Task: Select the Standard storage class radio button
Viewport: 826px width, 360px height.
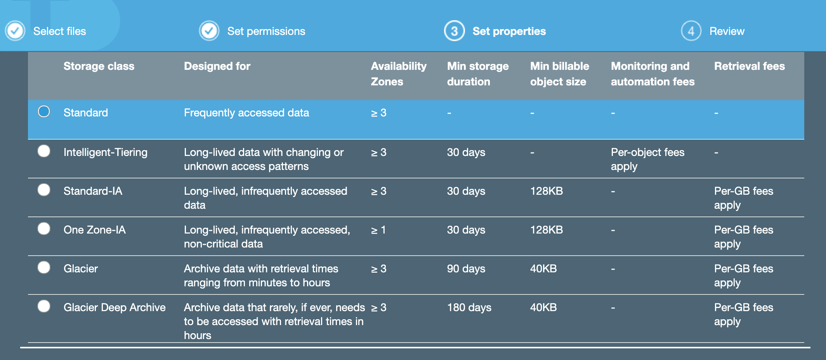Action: (x=44, y=112)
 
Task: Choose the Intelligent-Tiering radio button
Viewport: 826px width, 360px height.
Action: (x=44, y=151)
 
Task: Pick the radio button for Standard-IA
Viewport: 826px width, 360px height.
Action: (x=44, y=190)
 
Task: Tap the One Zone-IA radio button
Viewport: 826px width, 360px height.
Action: (x=44, y=228)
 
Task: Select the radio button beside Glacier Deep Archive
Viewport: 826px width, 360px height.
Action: (x=44, y=306)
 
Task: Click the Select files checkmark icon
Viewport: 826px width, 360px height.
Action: (x=15, y=31)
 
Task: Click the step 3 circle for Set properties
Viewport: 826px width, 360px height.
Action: (x=454, y=31)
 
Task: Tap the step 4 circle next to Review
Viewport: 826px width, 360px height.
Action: (x=691, y=31)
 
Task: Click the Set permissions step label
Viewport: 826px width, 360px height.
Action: (x=266, y=31)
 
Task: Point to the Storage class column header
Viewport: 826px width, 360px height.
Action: (x=99, y=66)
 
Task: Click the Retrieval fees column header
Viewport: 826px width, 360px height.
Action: (x=749, y=66)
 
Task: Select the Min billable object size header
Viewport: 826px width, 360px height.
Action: (x=559, y=74)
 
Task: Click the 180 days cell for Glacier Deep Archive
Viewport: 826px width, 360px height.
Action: (x=469, y=308)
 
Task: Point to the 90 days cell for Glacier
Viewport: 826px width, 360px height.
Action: (x=466, y=269)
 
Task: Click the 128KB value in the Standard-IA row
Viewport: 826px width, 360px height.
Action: (x=546, y=191)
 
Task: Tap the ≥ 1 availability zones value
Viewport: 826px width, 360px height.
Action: (x=378, y=230)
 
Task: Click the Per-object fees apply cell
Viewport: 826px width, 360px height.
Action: (x=647, y=159)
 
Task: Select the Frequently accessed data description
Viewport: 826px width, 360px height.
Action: (x=246, y=113)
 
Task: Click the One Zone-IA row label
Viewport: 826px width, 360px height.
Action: (x=94, y=230)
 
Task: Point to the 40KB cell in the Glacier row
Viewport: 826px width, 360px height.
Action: (x=543, y=269)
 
